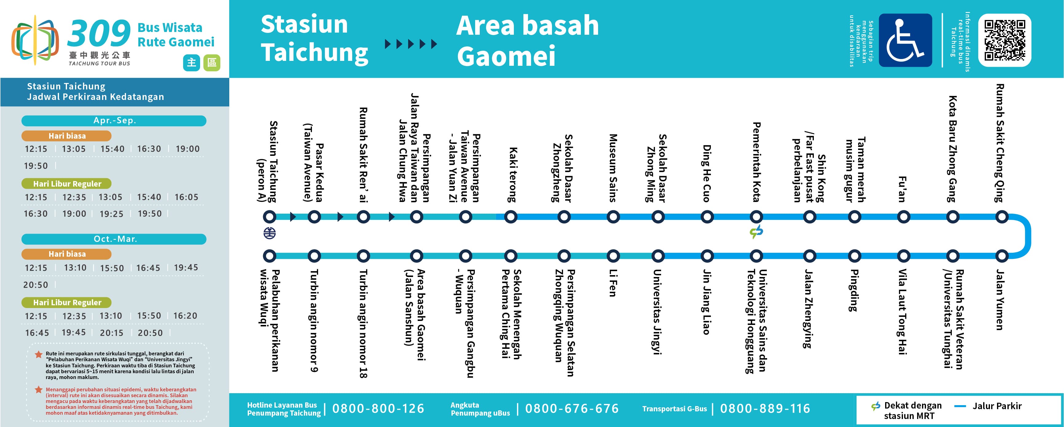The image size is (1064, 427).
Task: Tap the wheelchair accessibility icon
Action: click(905, 40)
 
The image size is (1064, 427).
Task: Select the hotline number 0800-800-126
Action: click(378, 409)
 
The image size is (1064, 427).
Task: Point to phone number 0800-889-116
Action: click(765, 409)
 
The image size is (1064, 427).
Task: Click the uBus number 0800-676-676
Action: click(572, 409)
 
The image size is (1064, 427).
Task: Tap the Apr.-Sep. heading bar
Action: click(114, 121)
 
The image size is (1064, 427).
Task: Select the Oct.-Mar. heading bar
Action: click(114, 239)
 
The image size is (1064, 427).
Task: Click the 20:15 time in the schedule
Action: click(112, 333)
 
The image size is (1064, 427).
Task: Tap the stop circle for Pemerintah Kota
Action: click(756, 216)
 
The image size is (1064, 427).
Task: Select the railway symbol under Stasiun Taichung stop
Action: click(270, 233)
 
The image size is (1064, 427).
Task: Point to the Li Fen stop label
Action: click(613, 283)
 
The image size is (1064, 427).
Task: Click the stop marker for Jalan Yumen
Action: click(1002, 256)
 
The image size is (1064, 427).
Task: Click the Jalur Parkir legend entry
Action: click(988, 406)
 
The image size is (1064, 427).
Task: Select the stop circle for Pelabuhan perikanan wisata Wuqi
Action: click(270, 256)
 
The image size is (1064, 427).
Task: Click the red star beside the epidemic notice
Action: click(38, 389)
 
